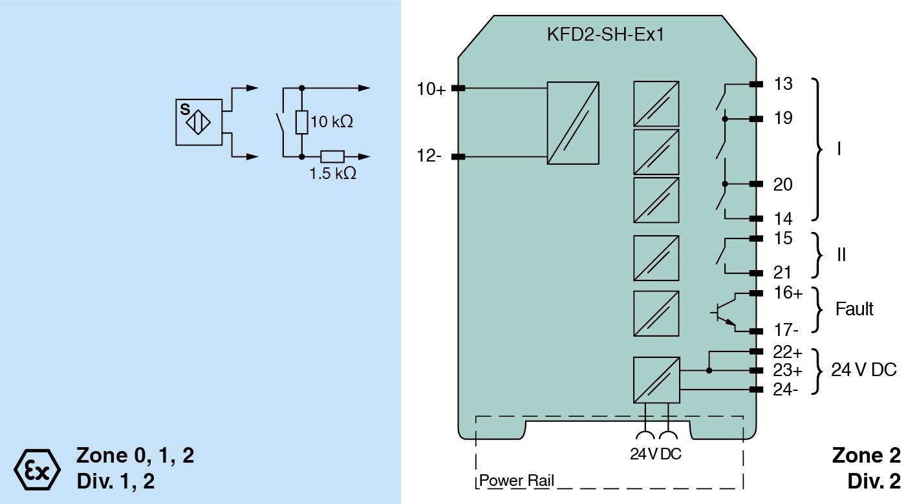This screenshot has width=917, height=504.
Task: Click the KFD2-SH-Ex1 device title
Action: pyautogui.click(x=605, y=34)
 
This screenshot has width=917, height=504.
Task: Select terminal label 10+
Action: pyautogui.click(x=431, y=90)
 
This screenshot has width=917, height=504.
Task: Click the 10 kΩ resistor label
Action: pyautogui.click(x=332, y=121)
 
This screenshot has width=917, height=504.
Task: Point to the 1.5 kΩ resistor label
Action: pyautogui.click(x=332, y=174)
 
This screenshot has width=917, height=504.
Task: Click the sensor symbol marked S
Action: pyautogui.click(x=199, y=122)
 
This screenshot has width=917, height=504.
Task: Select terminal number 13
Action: pyautogui.click(x=782, y=84)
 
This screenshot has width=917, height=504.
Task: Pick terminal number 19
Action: pyautogui.click(x=782, y=119)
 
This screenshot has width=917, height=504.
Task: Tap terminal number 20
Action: pyautogui.click(x=782, y=185)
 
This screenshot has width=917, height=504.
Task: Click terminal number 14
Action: pyautogui.click(x=782, y=218)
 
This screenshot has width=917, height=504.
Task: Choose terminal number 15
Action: pyautogui.click(x=782, y=238)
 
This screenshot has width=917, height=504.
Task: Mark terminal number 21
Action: pyautogui.click(x=782, y=273)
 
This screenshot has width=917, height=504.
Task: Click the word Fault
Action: pyautogui.click(x=854, y=309)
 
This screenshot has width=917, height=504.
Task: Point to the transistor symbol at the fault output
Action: pyautogui.click(x=726, y=312)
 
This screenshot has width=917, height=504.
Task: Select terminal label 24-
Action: pyautogui.click(x=786, y=390)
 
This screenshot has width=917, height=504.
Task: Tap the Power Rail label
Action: pyautogui.click(x=516, y=481)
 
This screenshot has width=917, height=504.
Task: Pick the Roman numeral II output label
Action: pyautogui.click(x=841, y=255)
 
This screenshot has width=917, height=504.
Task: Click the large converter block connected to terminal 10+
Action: pyautogui.click(x=572, y=123)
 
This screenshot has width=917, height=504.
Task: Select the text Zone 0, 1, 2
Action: pyautogui.click(x=135, y=456)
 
